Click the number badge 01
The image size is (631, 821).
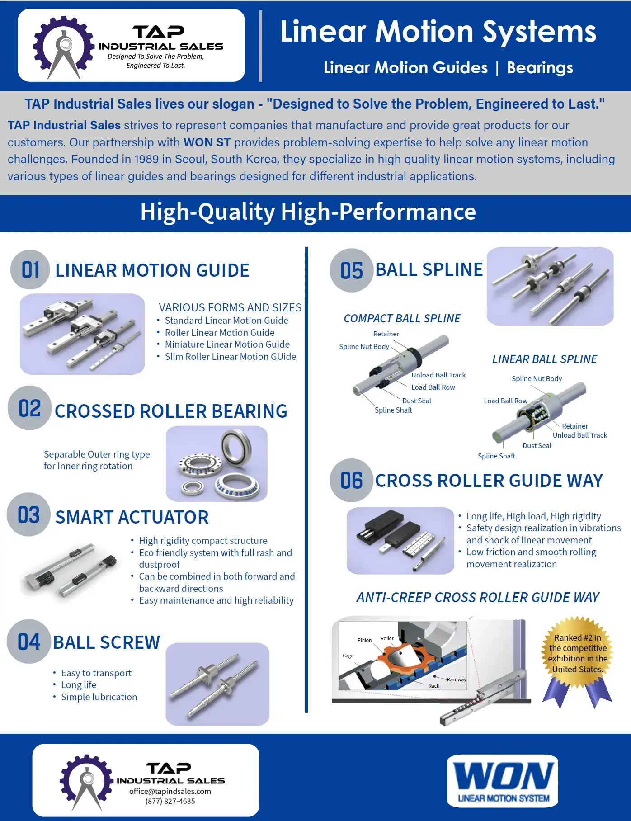coord(30,270)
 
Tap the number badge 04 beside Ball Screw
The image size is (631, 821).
coord(28,642)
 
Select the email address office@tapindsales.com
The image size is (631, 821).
coord(170,791)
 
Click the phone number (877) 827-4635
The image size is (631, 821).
coord(170,801)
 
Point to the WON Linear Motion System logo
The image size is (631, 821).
coord(503,781)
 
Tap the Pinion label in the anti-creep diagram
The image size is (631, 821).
coord(364,640)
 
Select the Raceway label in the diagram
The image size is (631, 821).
coord(457,679)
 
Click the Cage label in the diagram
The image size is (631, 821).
coord(348,656)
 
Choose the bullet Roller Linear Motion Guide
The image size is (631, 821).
coord(220,332)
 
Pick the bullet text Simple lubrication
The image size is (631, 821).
coord(99,697)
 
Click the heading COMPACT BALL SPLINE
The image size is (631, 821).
coord(402,318)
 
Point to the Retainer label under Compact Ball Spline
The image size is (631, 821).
coord(386,334)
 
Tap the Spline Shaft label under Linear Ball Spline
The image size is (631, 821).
coord(496,456)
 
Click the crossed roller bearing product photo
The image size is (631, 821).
coord(217,463)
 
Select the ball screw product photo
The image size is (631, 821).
coord(217,684)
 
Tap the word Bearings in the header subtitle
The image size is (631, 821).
coord(540,68)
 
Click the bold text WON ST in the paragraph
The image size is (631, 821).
coord(207,142)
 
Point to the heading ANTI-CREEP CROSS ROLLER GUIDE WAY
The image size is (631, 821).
coord(478,597)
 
